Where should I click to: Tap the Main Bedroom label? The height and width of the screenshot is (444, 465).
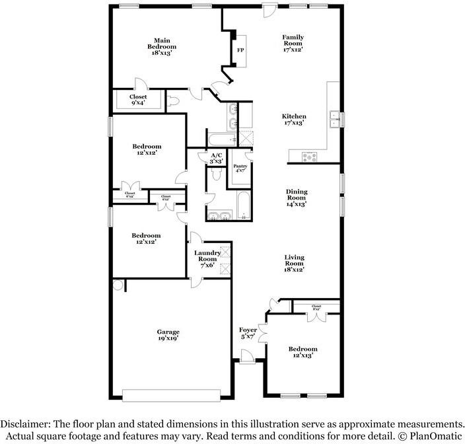point(162,44)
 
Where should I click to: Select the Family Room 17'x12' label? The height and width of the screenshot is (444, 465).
point(293,44)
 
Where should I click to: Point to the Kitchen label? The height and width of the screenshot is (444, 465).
point(293,119)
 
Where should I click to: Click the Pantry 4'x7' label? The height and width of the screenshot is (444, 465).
point(240,170)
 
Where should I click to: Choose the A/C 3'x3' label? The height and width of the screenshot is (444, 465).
point(216,157)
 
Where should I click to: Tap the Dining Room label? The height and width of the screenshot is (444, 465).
point(297,198)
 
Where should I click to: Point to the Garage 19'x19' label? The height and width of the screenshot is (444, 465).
point(168,335)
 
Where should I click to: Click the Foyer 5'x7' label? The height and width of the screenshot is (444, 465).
point(248,332)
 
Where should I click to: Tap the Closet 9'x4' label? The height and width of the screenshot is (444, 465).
point(138,100)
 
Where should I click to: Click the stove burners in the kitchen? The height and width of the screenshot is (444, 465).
point(309,157)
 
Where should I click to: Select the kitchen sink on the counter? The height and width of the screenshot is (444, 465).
point(334,120)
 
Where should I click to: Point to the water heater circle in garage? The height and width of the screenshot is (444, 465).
point(118,285)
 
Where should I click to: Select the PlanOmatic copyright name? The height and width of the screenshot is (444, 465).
point(435,435)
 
